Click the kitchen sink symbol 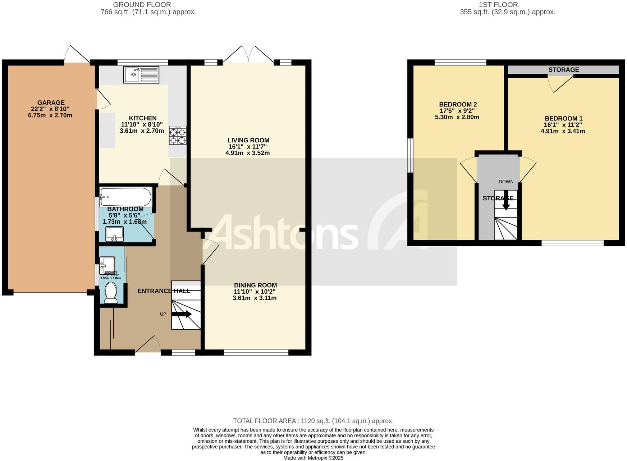point(141,74)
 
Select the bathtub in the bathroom point(125,197)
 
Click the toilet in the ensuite point(110,293)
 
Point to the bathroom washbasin point(115,234)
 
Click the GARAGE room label point(51,103)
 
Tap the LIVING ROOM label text point(248,140)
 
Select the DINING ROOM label point(255,285)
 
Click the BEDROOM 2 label point(458,105)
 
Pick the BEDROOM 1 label point(563,118)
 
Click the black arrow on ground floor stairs point(182,314)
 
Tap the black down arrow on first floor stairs point(506,202)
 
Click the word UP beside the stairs point(163,314)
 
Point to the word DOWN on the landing point(506,182)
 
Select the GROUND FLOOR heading point(142,5)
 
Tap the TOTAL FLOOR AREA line point(313,421)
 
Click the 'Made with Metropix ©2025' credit point(313,458)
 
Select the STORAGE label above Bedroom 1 point(563,69)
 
